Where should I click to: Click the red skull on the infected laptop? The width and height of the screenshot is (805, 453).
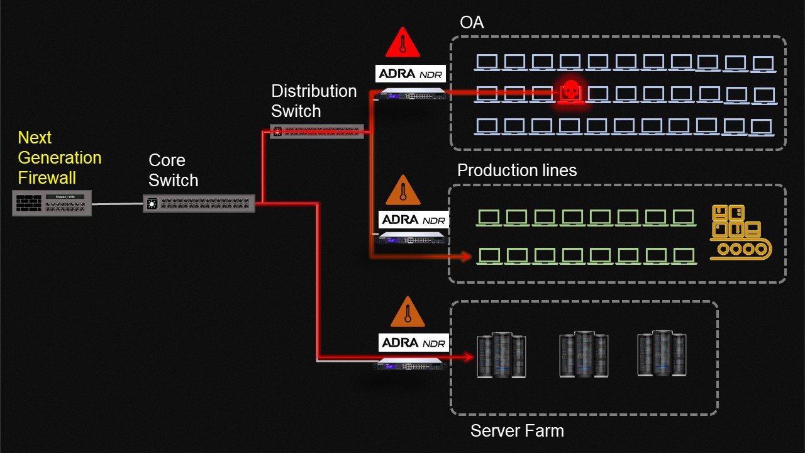click(570, 89)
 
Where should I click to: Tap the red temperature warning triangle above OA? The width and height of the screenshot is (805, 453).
click(403, 42)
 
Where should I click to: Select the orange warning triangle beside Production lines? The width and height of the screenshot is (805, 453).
click(403, 191)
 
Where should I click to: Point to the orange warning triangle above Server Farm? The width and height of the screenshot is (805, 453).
click(408, 312)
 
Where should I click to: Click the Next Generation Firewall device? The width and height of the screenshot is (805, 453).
click(52, 203)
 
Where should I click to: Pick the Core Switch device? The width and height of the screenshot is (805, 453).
click(199, 203)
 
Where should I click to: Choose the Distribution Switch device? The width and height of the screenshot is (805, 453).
click(317, 131)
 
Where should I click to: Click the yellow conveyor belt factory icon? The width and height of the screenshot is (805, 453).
click(741, 232)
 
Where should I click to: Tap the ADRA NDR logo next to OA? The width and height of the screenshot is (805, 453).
click(411, 74)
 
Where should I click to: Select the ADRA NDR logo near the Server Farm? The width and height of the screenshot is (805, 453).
click(414, 343)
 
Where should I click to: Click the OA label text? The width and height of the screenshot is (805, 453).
click(472, 22)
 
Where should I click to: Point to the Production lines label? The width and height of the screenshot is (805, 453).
click(517, 170)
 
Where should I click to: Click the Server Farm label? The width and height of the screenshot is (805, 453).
click(517, 431)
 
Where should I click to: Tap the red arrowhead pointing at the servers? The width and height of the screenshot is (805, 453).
click(468, 357)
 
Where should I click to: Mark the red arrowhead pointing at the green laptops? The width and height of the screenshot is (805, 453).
click(466, 256)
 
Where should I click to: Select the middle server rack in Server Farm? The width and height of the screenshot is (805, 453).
click(584, 354)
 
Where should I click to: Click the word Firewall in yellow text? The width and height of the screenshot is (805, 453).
click(47, 177)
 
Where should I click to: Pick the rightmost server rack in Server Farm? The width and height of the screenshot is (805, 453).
click(662, 354)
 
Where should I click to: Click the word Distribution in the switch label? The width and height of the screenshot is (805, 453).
click(314, 91)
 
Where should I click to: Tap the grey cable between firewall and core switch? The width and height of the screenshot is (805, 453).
click(118, 204)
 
